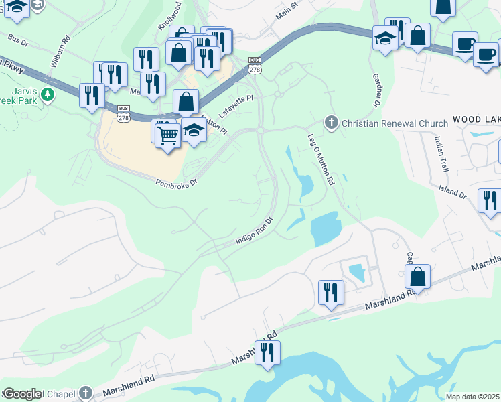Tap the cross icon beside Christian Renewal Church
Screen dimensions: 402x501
(330, 123)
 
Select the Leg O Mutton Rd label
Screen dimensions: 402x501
(321, 158)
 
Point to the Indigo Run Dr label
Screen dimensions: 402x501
(255, 230)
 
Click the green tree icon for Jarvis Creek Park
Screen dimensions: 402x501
(47, 94)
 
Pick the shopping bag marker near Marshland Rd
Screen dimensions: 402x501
(417, 275)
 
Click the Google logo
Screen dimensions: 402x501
(22, 394)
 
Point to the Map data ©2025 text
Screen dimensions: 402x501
(472, 397)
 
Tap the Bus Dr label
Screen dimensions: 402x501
(20, 41)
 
